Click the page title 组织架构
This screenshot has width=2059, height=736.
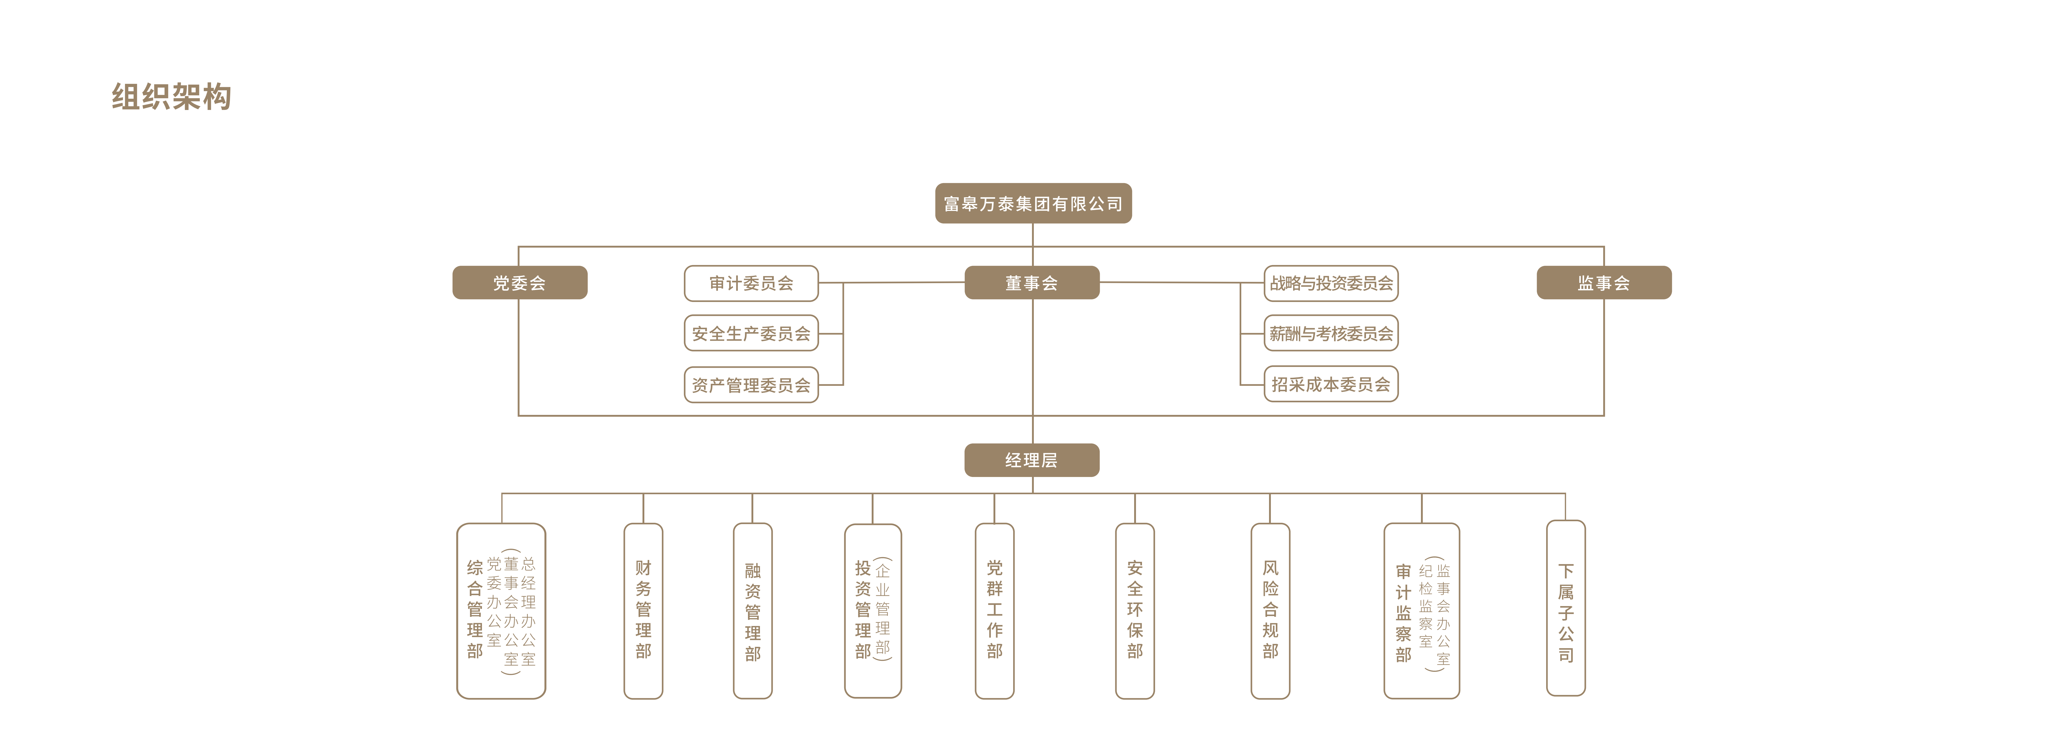tap(171, 97)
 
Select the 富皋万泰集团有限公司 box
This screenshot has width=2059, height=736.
tap(1033, 204)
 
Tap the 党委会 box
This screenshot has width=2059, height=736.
tap(520, 283)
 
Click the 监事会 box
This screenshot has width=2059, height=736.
tap(1604, 283)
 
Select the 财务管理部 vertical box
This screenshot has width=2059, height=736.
tap(644, 611)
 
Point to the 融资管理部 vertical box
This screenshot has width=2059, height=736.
tap(752, 611)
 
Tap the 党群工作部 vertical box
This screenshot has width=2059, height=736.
tap(994, 611)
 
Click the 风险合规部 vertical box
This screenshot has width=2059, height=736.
tap(1270, 611)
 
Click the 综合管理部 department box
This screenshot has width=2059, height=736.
tap(501, 611)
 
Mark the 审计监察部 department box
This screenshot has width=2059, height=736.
tap(1421, 611)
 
